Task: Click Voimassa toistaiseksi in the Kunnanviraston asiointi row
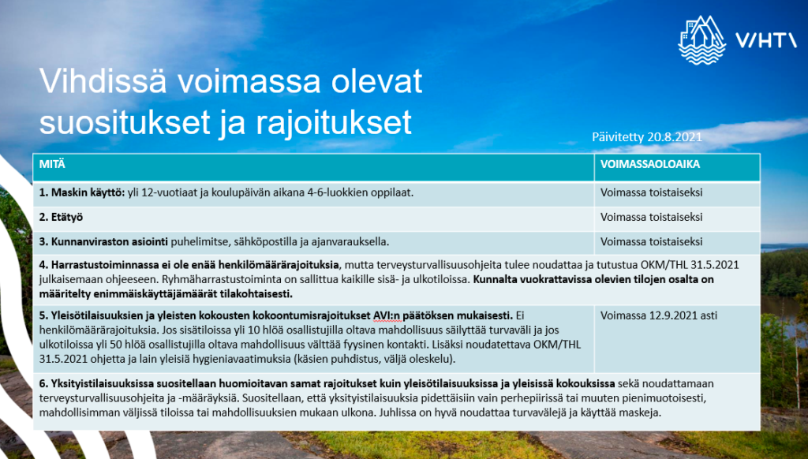click(652, 241)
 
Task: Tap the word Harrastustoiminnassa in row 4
click(106, 264)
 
